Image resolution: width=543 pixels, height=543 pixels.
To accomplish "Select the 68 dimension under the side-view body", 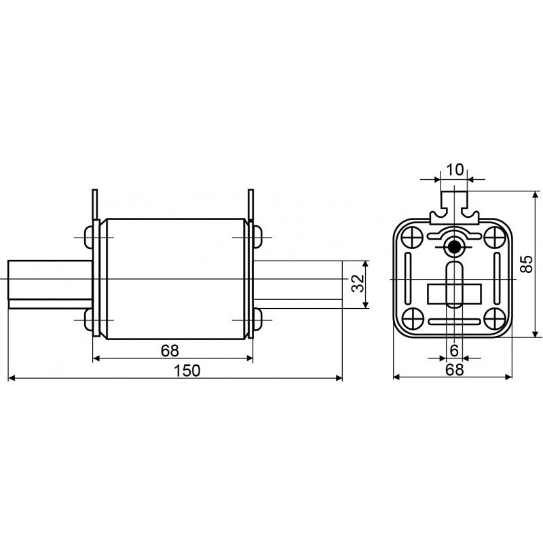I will click(x=170, y=350).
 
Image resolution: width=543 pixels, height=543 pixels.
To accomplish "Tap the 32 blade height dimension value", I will click(x=358, y=284).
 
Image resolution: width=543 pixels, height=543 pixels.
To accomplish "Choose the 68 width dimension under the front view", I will click(x=454, y=370).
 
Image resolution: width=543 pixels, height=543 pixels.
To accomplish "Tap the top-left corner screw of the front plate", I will click(x=412, y=238).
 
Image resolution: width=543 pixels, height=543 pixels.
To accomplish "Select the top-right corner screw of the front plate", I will click(x=493, y=238).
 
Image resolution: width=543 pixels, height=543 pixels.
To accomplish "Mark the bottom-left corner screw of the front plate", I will click(x=412, y=320).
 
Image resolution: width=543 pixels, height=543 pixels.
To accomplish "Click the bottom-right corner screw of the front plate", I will click(x=493, y=320).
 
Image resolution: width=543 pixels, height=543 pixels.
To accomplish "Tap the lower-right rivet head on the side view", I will click(x=257, y=318).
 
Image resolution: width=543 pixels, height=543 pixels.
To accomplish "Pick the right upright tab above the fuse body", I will click(x=250, y=205).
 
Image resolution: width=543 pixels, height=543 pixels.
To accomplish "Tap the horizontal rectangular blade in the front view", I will click(x=453, y=294).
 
